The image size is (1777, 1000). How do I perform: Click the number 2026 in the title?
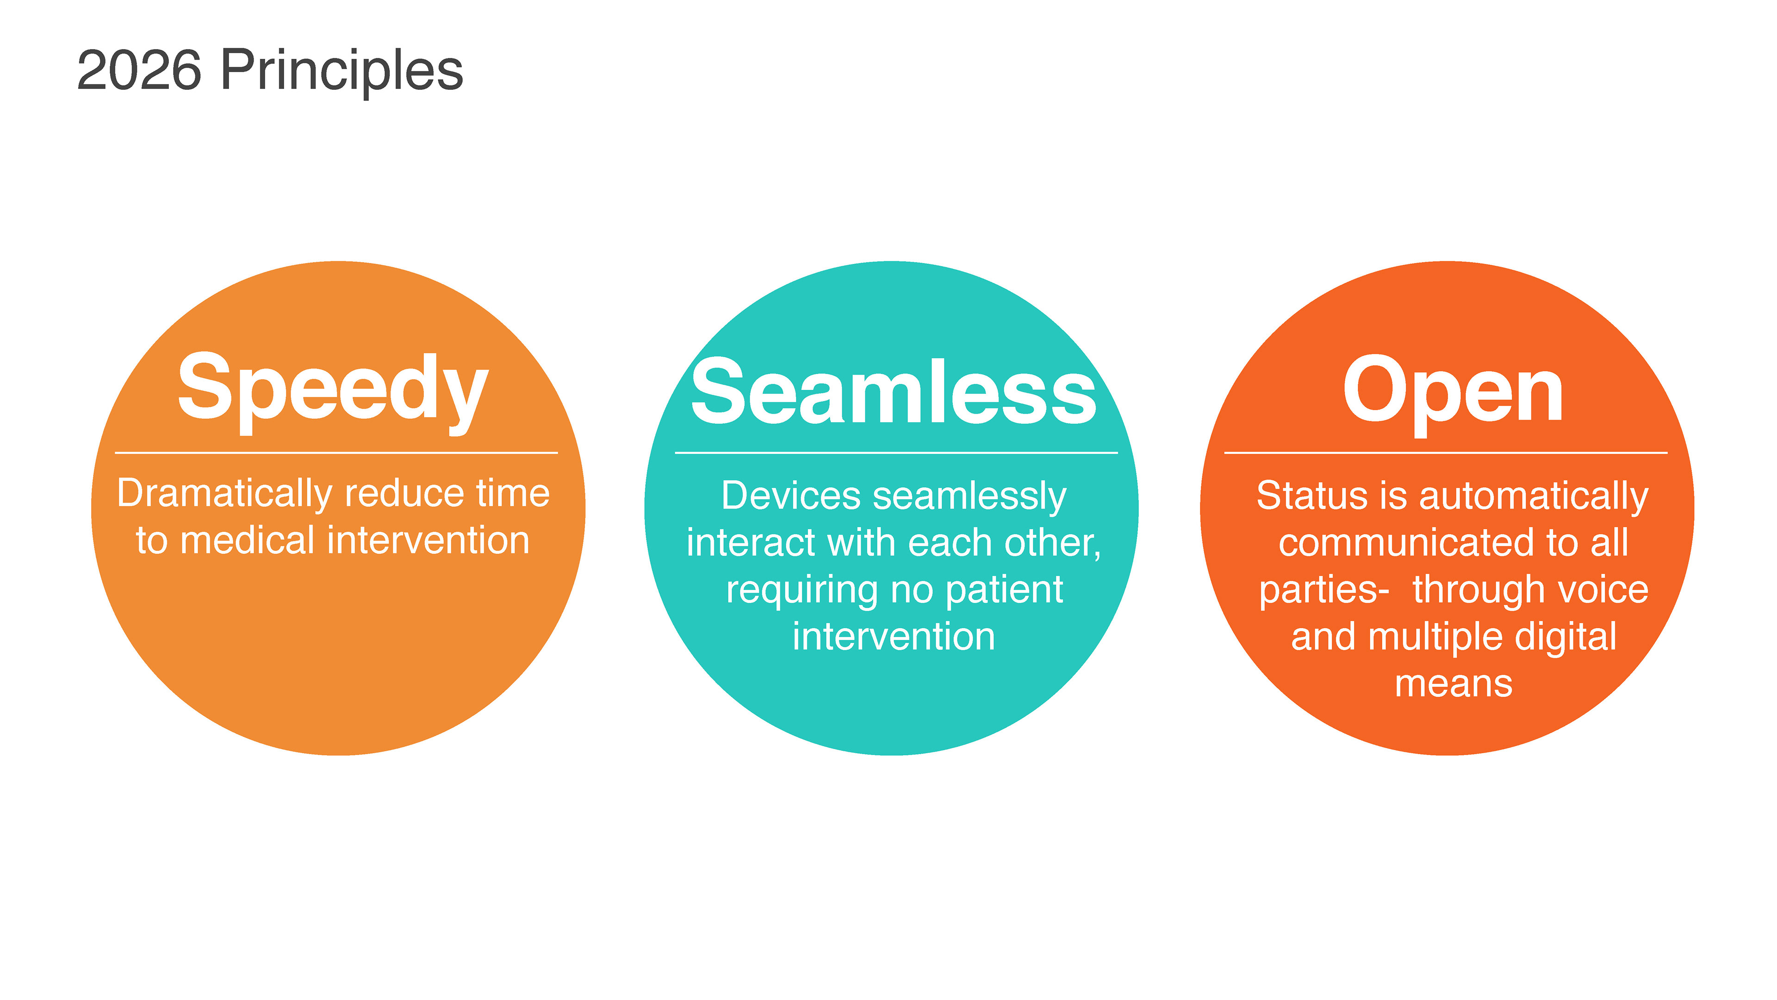pyautogui.click(x=139, y=70)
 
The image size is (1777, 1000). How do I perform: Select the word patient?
pyautogui.click(x=1004, y=591)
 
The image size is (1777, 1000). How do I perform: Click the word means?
pyautogui.click(x=1454, y=685)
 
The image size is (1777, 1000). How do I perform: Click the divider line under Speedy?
pyautogui.click(x=336, y=453)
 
